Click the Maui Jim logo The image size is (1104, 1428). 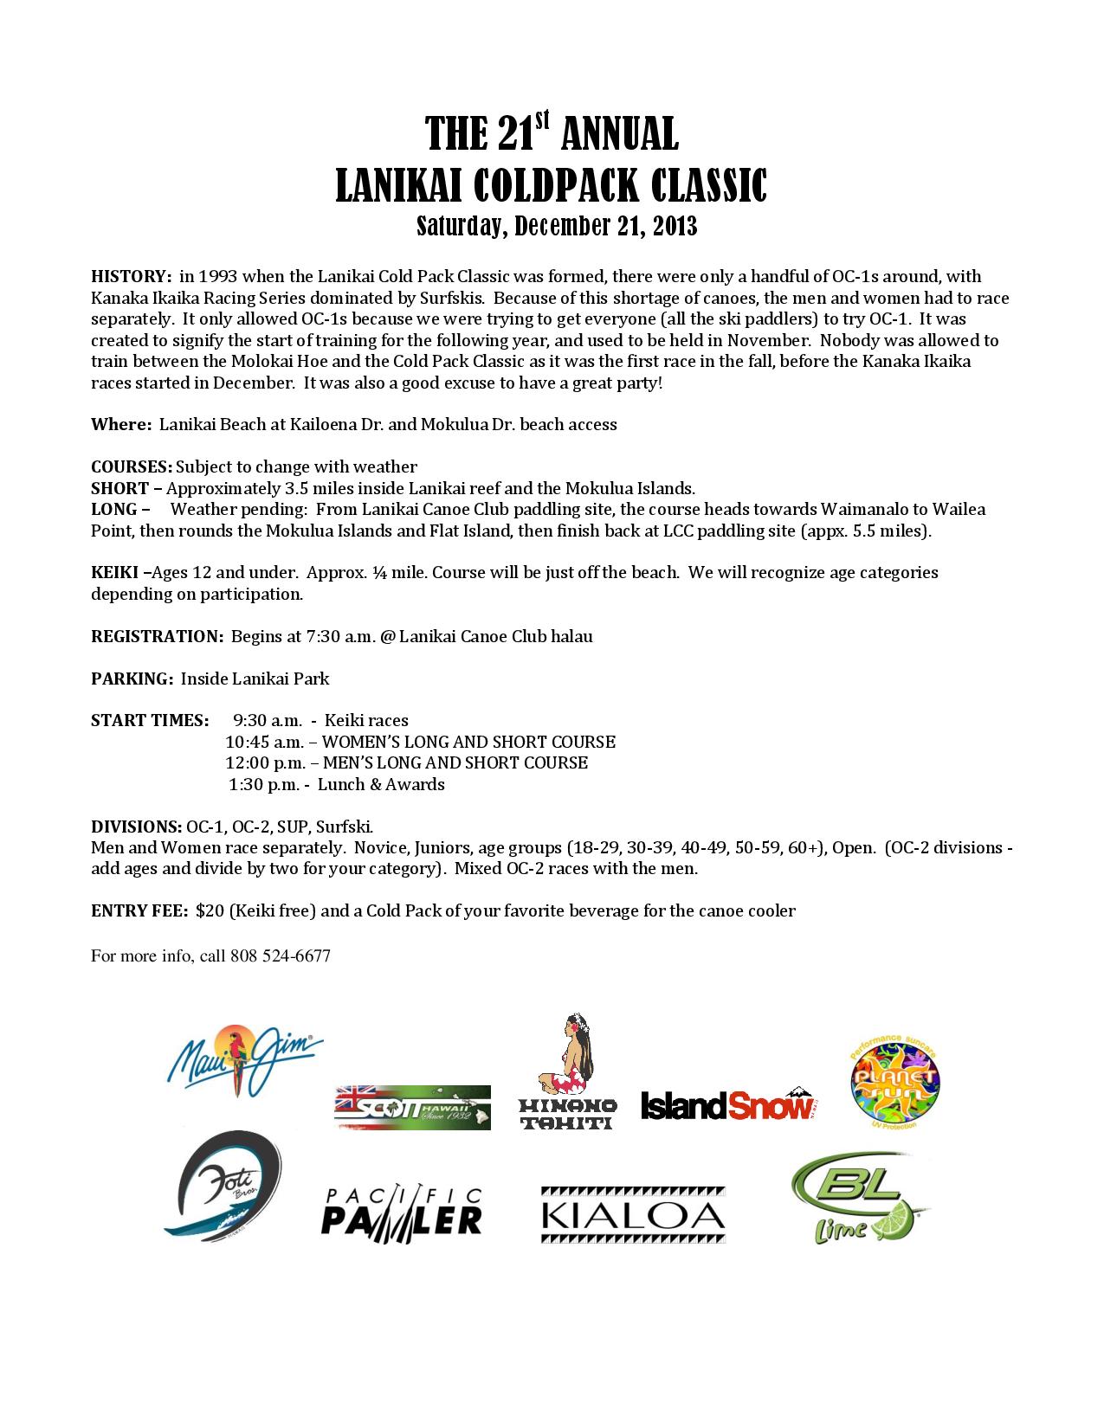[244, 1059]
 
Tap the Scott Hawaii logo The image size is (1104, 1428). [412, 1108]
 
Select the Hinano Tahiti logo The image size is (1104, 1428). [567, 1072]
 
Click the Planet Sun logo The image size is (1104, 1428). [893, 1082]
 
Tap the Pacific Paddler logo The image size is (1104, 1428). [402, 1211]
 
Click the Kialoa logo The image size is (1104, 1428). [633, 1215]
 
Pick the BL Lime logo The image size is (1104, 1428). [858, 1202]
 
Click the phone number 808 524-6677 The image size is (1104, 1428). [280, 956]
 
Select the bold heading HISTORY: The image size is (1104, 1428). [132, 277]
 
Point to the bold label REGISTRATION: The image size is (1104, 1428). [158, 637]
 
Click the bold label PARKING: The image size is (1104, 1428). [132, 679]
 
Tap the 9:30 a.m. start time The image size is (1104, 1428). [268, 721]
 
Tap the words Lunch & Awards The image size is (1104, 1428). [381, 785]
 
